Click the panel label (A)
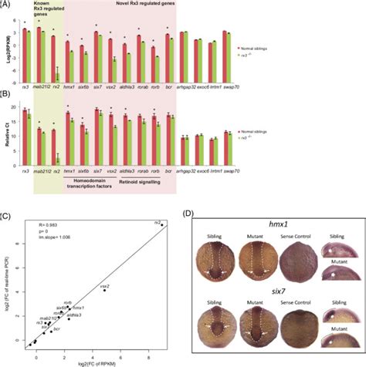tap(8, 5)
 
